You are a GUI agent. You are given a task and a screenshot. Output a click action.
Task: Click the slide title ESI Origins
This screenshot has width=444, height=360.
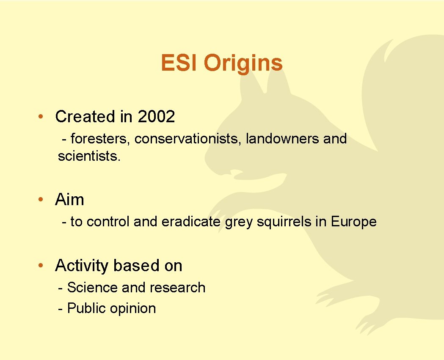(221, 63)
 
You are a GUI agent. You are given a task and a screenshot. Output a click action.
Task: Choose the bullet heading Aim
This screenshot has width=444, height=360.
(69, 200)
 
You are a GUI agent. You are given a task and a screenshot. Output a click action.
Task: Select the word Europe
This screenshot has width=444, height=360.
(353, 222)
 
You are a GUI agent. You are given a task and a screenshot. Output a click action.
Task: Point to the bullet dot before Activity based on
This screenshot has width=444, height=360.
(39, 266)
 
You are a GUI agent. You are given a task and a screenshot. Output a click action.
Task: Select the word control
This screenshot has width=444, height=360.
(108, 222)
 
